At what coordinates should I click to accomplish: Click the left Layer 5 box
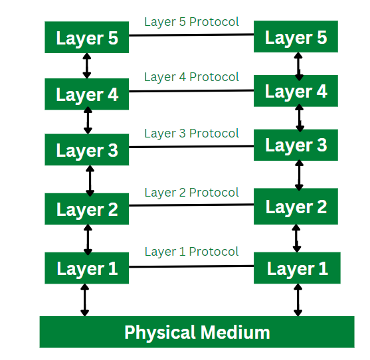click(x=86, y=38)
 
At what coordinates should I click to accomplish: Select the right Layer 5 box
click(x=296, y=37)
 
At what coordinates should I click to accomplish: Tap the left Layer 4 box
click(x=86, y=94)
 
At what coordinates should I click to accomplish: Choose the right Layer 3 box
click(x=296, y=145)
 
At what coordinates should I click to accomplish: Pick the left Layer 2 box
click(x=86, y=209)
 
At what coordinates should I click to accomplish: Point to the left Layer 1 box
click(x=86, y=268)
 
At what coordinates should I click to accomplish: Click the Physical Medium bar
click(x=197, y=331)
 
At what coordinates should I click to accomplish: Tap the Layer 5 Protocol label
click(x=191, y=21)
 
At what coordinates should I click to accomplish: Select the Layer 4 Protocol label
click(x=191, y=77)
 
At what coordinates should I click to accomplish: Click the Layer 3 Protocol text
click(x=191, y=134)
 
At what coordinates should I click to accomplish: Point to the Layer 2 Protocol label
click(x=191, y=193)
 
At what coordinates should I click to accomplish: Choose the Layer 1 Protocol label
click(x=191, y=252)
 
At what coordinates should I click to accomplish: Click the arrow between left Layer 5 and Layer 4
click(x=86, y=66)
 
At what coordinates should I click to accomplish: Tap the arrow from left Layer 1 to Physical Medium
click(x=84, y=300)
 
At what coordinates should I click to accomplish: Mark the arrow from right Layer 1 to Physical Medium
click(x=297, y=300)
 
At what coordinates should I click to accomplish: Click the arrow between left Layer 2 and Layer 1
click(x=88, y=239)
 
